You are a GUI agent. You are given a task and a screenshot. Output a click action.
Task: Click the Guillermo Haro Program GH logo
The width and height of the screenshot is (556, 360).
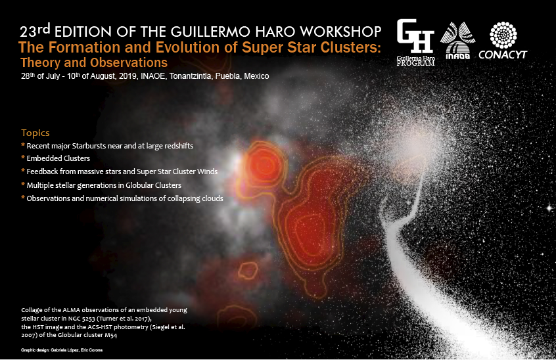coord(415,42)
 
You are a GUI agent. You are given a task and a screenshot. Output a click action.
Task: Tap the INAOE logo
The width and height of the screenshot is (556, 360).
coord(457,40)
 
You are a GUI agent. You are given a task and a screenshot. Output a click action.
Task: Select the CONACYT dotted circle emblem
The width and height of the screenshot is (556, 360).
coord(503,35)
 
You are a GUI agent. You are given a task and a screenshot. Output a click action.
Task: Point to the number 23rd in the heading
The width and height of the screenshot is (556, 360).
coord(35,31)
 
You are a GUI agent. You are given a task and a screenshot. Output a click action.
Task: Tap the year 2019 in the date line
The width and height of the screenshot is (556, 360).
coord(128,76)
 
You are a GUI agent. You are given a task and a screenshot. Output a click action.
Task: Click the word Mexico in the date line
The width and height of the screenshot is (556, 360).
coord(256,76)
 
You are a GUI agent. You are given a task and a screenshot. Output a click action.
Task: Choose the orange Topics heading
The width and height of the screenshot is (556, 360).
coord(35,133)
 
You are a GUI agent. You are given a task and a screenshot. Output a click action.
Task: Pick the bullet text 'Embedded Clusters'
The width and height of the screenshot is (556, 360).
coord(58,158)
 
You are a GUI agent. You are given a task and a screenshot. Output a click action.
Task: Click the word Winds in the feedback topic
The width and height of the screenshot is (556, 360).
coord(208,171)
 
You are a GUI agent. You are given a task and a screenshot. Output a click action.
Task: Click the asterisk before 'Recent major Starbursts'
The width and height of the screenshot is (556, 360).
coord(23,145)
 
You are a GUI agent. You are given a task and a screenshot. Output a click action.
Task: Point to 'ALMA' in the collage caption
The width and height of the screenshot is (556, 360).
coord(71,310)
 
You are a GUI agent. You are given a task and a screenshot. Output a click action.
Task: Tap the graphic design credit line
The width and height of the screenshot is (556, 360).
coord(62,350)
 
